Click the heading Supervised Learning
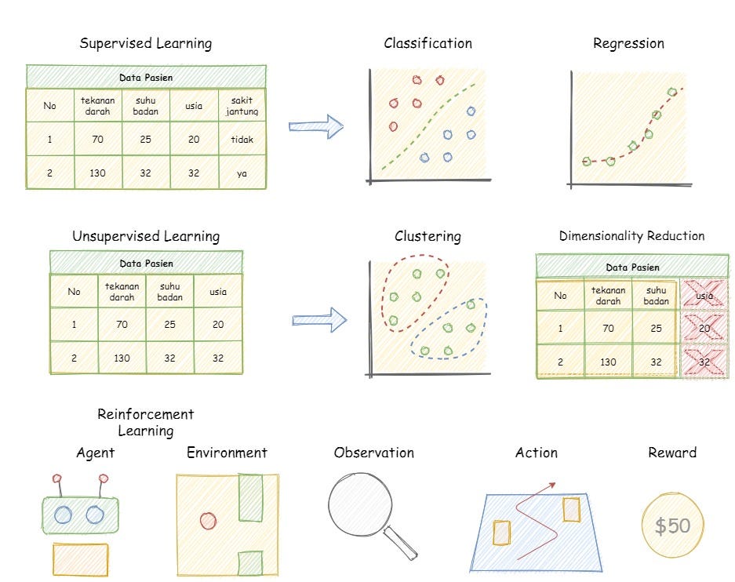point(145,43)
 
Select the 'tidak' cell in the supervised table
point(242,140)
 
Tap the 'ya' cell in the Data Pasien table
point(242,173)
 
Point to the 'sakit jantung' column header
point(242,106)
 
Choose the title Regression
point(628,44)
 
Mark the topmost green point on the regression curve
point(671,92)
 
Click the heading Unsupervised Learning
point(146,236)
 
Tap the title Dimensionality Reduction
point(631,236)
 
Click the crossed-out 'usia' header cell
point(704,296)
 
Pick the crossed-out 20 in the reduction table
point(704,328)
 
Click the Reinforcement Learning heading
point(145,422)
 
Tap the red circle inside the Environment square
point(208,520)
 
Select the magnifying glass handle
point(402,544)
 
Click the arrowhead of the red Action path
point(554,484)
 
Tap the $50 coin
point(672,526)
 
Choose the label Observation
point(373,453)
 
